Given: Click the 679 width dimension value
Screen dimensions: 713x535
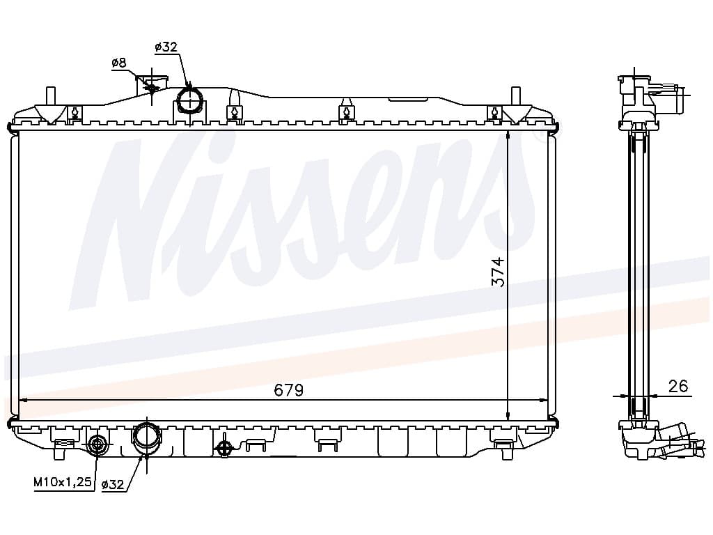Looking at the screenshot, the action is tap(288, 390).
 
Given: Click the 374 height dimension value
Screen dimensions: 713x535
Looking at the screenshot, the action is tap(499, 272).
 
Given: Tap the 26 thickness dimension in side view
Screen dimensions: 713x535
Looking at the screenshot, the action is tap(677, 386).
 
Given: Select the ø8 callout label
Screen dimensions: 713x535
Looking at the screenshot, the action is tap(119, 63).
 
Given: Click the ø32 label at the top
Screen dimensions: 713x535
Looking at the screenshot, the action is tap(166, 47).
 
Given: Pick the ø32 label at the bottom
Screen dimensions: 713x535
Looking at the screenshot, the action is tap(113, 485).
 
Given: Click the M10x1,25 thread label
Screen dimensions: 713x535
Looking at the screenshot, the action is tap(63, 482).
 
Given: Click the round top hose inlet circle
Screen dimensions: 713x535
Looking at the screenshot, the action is tap(189, 100).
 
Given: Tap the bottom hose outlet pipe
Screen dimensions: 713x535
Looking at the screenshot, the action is tap(146, 439).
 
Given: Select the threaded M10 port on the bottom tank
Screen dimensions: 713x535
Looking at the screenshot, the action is tap(97, 444).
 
